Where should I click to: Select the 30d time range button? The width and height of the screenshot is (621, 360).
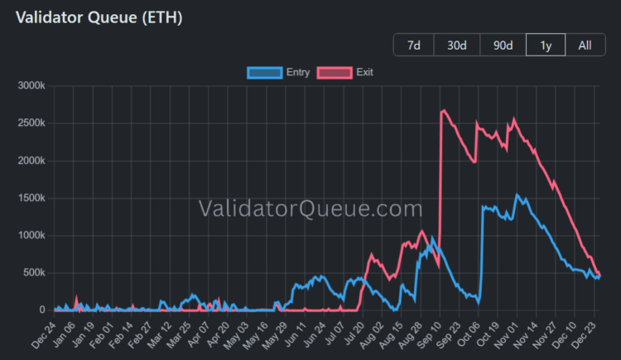pos(456,45)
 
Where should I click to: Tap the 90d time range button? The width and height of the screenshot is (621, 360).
pos(503,45)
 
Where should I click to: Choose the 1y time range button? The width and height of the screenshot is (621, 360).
pos(545,45)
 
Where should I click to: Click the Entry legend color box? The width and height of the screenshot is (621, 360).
pos(264,72)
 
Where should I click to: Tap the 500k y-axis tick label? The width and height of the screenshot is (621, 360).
pos(35,272)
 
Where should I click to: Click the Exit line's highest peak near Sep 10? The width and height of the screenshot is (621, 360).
pos(445,110)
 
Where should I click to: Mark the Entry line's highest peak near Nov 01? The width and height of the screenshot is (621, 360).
pos(517,195)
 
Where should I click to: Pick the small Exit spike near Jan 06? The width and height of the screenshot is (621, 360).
pos(76,297)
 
